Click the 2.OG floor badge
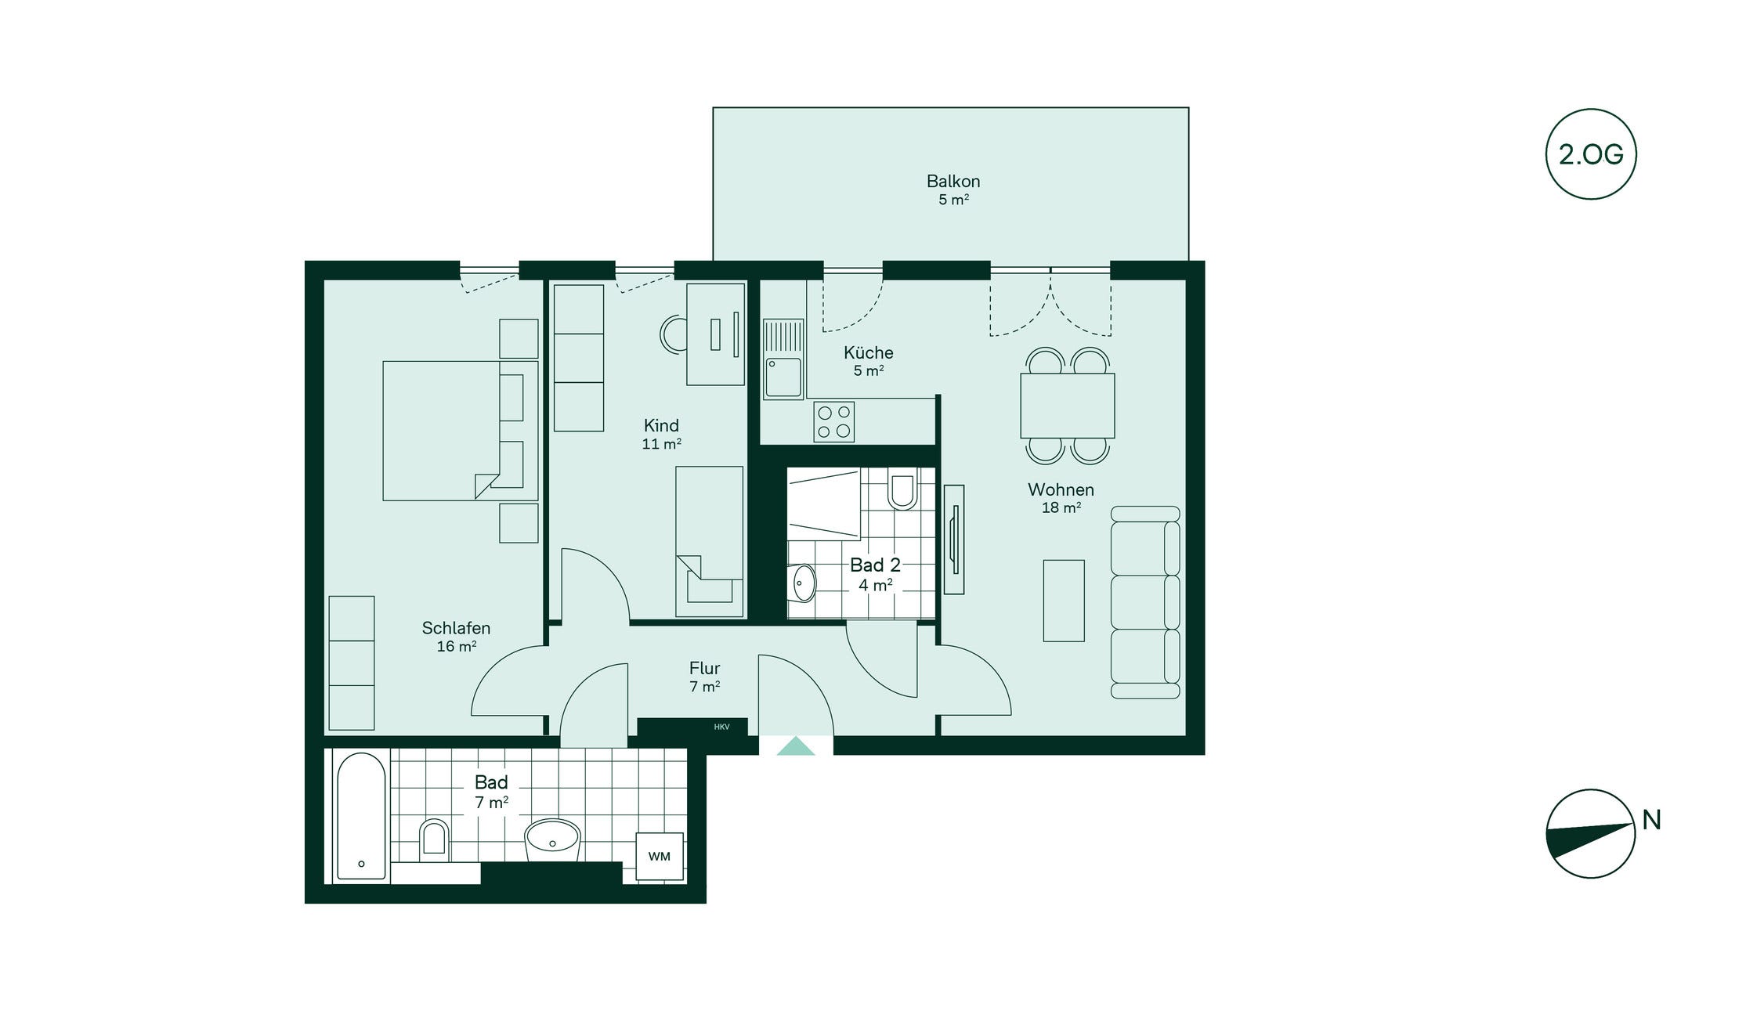[x=1591, y=154]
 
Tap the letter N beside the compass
[x=1651, y=820]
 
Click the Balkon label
[x=953, y=181]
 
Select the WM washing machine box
[x=660, y=856]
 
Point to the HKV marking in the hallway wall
[x=721, y=727]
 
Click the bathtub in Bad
[x=361, y=816]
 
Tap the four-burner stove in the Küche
[x=833, y=421]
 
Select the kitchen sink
[x=783, y=359]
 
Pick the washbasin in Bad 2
[x=804, y=583]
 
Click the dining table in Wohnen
[x=1067, y=406]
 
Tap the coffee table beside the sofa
[x=1064, y=601]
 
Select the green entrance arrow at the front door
[x=796, y=745]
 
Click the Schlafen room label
[x=456, y=628]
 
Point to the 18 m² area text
[x=1061, y=507]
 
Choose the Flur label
[x=704, y=668]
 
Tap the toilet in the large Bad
[x=433, y=837]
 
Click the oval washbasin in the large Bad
[x=552, y=839]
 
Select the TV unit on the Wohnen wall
[x=954, y=540]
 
